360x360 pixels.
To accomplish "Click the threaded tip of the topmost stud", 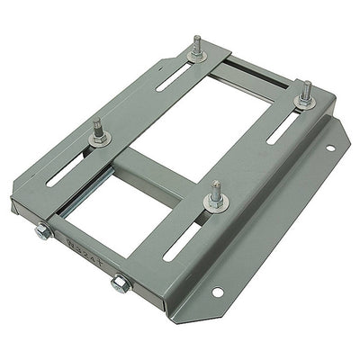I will pos(195,40).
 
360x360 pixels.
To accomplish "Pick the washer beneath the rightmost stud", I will pos(306,102).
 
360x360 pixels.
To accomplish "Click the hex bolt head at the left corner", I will pos(41,233).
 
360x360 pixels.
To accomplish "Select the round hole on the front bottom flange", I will pos(217,292).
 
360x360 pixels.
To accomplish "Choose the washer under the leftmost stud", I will pos(99,139).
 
